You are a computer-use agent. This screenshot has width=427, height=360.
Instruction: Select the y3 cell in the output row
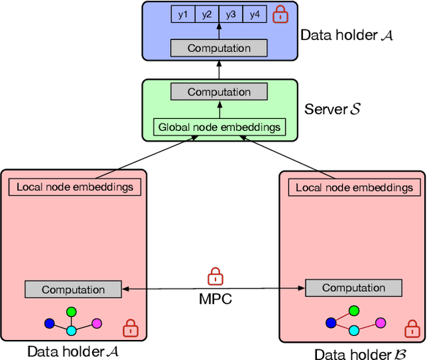click(x=231, y=13)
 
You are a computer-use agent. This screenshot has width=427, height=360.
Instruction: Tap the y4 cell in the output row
click(x=255, y=13)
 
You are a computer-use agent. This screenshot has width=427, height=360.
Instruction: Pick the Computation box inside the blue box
click(x=219, y=48)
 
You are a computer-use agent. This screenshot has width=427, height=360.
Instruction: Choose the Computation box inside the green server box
click(x=219, y=92)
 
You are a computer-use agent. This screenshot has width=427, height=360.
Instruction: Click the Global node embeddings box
click(x=219, y=127)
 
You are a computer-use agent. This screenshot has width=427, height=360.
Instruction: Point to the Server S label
click(x=332, y=108)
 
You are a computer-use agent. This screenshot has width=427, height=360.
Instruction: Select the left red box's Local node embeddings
click(x=75, y=187)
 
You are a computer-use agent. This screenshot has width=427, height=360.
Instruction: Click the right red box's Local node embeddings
click(x=354, y=188)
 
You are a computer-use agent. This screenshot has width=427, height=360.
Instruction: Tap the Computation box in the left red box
click(x=73, y=290)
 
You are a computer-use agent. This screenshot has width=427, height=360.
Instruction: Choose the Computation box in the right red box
click(x=354, y=288)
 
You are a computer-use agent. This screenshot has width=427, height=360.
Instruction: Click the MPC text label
click(x=216, y=299)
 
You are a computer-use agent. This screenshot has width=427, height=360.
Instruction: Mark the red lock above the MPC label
click(x=215, y=275)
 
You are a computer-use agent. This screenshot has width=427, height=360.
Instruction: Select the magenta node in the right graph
click(x=380, y=323)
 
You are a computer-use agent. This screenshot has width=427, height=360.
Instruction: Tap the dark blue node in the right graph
click(x=331, y=323)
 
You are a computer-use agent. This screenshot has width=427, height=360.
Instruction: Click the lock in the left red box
click(x=131, y=328)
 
